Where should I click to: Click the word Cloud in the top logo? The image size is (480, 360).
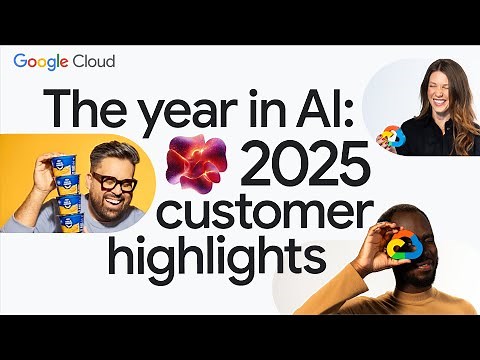[94, 61]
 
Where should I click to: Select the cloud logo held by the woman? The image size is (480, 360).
[393, 136]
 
